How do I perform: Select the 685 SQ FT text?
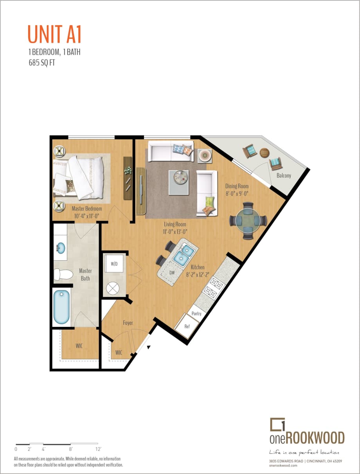tap(41, 62)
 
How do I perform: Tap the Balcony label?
tap(284, 176)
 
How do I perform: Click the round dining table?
tap(248, 221)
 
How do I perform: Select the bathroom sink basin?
tap(61, 248)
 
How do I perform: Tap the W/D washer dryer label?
tap(114, 264)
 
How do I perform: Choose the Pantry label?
tap(196, 313)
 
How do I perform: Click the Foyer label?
tap(128, 323)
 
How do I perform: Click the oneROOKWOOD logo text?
tap(307, 438)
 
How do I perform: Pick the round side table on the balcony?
tap(265, 152)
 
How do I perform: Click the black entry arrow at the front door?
tap(149, 346)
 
